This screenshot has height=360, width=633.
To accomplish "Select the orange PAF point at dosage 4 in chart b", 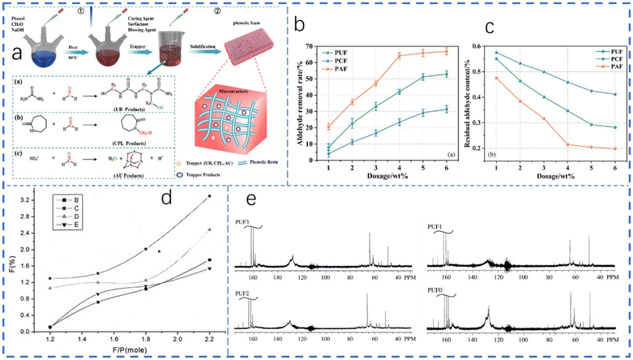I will (x=400, y=55).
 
